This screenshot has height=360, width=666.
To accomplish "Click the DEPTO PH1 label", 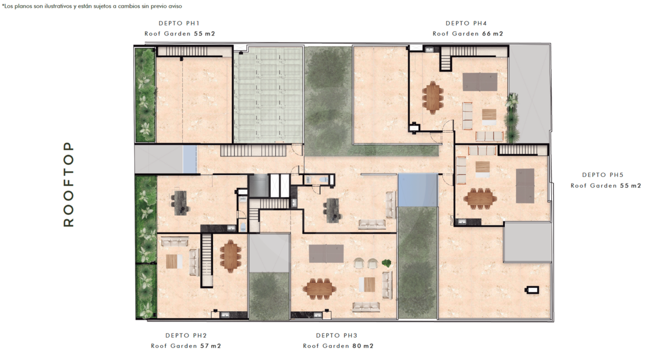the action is tap(179, 23).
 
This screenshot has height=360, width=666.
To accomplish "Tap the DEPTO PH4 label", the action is tap(466, 23).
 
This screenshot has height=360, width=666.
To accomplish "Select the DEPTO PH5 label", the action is tap(603, 175).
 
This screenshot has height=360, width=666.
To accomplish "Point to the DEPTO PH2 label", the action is tap(186, 336).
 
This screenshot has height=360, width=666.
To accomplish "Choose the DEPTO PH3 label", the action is tap(336, 336).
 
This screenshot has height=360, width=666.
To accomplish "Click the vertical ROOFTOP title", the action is tap(68, 184).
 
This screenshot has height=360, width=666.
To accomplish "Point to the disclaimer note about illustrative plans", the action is tap(92, 6).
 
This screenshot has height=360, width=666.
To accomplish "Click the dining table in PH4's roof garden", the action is tap(432, 98).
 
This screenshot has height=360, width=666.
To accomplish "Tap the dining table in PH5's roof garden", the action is tap(480, 198).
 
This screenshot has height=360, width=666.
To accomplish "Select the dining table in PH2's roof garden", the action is tap(230, 256).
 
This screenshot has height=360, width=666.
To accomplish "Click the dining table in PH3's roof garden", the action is tap(319, 288).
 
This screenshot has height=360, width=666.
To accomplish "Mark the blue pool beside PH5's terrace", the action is tap(418, 190).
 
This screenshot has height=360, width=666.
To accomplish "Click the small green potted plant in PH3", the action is tap(386, 263).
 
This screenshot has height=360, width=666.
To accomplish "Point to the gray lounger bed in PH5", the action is tap(525, 186).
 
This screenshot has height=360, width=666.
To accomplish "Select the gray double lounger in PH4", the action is tap(480, 82).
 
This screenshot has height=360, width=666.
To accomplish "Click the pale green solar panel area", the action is tap(268, 95).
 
